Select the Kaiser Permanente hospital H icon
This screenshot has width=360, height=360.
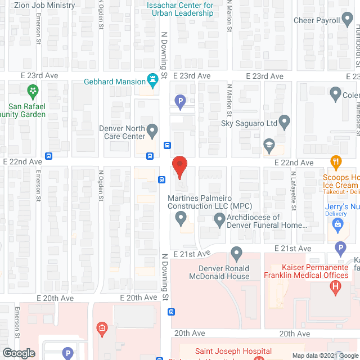coord(336,287)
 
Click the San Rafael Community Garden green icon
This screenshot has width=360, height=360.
coord(33,91)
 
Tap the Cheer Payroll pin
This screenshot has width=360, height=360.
coord(348,21)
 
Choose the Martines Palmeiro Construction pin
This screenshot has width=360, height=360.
coord(181,219)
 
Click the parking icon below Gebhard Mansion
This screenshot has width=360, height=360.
coord(180,102)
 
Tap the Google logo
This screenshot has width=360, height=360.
coord(18,353)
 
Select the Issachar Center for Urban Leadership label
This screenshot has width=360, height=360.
coord(180,9)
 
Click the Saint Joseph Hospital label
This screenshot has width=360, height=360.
coord(233,351)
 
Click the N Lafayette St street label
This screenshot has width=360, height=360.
coord(293,191)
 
